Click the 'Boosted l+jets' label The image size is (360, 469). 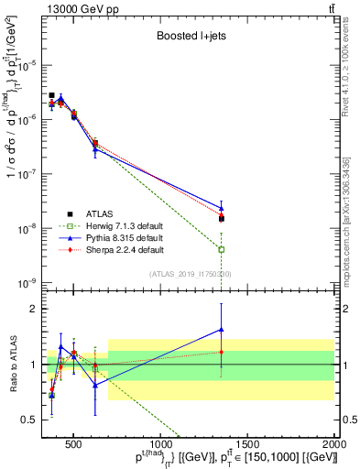coord(187,38)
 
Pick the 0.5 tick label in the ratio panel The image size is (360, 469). coord(33,420)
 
